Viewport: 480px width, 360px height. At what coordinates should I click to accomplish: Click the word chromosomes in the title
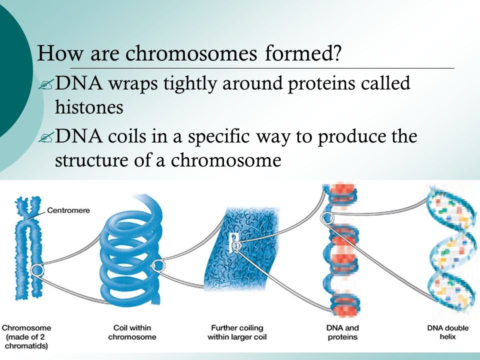(191, 53)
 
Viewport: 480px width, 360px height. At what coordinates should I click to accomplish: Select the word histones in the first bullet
(89, 107)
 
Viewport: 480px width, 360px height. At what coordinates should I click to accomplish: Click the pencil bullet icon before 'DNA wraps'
(46, 84)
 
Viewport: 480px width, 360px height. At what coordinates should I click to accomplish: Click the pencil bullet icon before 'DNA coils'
(46, 137)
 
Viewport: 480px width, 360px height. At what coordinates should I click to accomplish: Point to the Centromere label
(68, 210)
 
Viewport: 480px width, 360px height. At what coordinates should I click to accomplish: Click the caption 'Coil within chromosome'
(132, 332)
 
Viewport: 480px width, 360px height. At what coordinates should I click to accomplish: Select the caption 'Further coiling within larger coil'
(237, 332)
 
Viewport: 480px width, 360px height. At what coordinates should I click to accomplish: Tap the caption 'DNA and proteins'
(342, 332)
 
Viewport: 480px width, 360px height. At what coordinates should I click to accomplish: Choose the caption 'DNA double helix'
(448, 332)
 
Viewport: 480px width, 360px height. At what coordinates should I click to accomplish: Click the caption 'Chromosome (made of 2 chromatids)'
(26, 336)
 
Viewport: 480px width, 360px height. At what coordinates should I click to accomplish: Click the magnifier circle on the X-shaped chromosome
(37, 269)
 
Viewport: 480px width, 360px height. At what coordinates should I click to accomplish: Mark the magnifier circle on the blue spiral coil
(158, 265)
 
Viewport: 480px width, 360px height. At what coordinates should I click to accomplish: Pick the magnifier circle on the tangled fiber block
(236, 245)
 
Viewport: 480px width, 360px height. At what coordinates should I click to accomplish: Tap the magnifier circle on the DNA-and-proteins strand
(327, 218)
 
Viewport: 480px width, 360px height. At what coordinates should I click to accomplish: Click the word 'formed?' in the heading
(303, 53)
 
